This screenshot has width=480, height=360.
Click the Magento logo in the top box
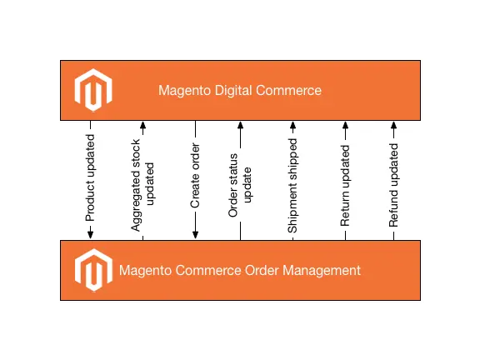coord(92,90)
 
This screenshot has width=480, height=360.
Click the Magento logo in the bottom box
coord(92,270)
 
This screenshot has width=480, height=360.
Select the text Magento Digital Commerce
coord(239,90)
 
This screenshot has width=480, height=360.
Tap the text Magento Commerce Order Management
coord(239,270)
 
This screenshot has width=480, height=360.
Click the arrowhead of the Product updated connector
coord(90,234)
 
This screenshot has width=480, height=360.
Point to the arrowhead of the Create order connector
coord(195,234)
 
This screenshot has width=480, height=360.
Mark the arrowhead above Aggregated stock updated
coord(142,126)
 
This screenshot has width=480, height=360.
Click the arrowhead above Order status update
coord(240,126)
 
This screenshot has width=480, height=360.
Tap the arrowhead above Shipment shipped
coord(292,126)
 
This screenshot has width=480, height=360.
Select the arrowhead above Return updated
coord(345,126)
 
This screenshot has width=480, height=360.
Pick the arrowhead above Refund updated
coord(393,126)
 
